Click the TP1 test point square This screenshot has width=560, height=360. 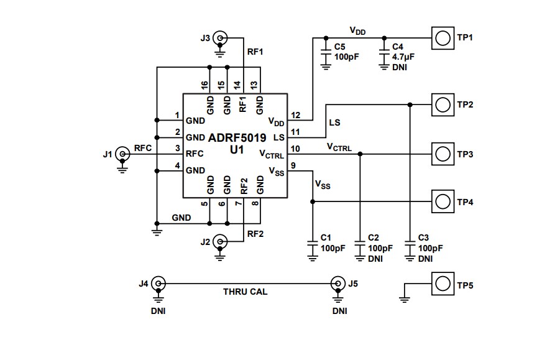[442, 38]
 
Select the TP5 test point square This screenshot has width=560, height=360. [442, 284]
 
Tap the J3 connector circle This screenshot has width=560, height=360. [220, 38]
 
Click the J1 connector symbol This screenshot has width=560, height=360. [122, 153]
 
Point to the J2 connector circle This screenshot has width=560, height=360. [220, 241]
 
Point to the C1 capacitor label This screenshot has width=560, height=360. [326, 238]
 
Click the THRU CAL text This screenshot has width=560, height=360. [246, 291]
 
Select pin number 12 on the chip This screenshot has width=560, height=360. [295, 116]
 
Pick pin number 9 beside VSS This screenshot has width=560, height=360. [293, 165]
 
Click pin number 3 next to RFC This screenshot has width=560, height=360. [177, 149]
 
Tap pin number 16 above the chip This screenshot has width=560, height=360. [204, 85]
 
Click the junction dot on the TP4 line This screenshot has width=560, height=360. [313, 201]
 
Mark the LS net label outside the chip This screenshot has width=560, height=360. [334, 123]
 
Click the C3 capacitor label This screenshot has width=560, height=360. [423, 238]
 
